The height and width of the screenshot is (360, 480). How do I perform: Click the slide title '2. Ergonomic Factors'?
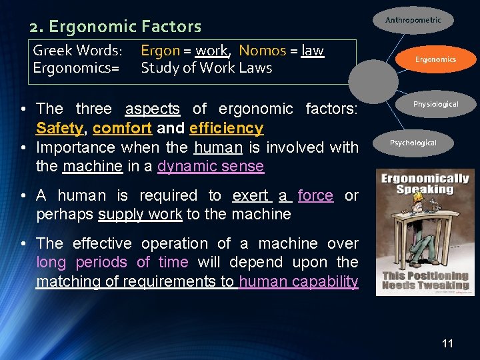115,27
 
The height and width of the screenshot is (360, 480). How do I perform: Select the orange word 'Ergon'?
160,51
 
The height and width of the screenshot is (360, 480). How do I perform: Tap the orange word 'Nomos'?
262,51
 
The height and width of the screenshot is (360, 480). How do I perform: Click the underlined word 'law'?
313,51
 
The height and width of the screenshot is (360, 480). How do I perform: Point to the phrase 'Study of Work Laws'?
206,67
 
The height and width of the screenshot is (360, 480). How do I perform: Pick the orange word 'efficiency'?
226,127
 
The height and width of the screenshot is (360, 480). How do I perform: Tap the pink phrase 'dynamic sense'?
211,166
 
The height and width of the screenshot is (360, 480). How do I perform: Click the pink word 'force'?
315,195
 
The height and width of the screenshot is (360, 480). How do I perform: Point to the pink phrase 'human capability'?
298,281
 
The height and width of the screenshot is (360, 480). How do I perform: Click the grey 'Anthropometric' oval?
413,21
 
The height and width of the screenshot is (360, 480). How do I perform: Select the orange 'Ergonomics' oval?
435,59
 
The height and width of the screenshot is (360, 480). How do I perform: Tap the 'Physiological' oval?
435,104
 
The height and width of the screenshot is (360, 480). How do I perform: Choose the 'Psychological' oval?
413,143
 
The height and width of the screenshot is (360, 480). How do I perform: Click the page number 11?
447,343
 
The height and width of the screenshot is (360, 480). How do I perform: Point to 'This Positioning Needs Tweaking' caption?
425,281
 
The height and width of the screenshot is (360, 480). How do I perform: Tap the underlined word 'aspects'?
153,109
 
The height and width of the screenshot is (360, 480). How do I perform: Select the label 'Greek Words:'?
77,51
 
